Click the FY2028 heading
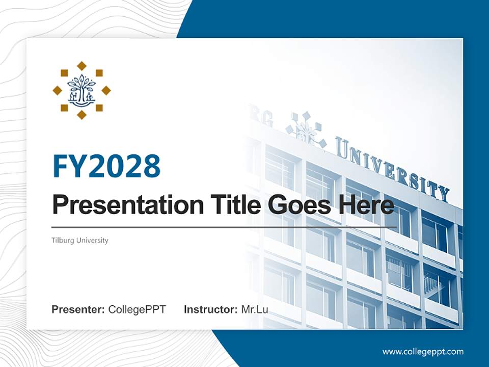(x=106, y=166)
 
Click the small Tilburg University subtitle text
(x=80, y=240)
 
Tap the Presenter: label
(x=78, y=309)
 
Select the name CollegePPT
(x=137, y=309)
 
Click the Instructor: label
(x=210, y=309)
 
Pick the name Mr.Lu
(x=255, y=309)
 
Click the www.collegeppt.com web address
(x=423, y=351)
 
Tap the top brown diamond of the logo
(x=81, y=65)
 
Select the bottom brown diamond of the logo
(x=81, y=115)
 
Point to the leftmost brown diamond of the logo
(x=57, y=90)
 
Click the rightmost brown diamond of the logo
(x=106, y=90)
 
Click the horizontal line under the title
(x=224, y=227)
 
